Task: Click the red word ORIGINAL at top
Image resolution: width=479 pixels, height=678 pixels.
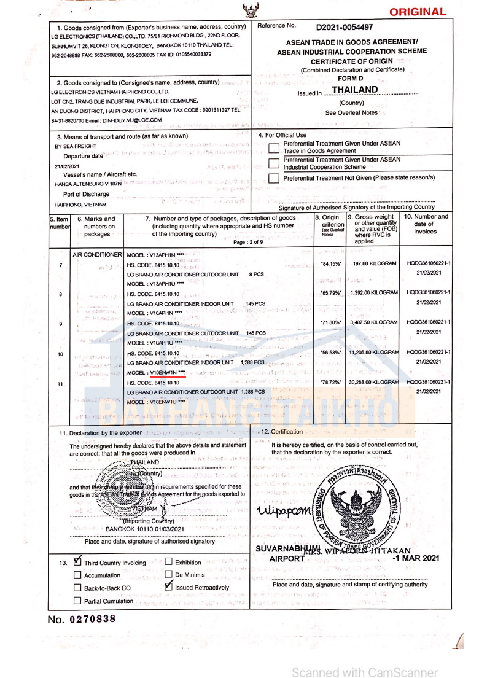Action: (x=418, y=12)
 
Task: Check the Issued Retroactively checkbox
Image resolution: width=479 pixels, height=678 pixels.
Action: (x=169, y=586)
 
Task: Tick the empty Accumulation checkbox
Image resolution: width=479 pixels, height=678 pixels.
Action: (x=77, y=575)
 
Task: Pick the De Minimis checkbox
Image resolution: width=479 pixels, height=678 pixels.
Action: (x=169, y=575)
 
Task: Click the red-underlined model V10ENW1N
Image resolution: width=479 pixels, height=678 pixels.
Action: (x=165, y=372)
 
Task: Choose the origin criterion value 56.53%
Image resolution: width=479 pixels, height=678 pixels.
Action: (x=330, y=353)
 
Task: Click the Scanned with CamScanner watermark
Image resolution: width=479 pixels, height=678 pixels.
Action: (x=365, y=672)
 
